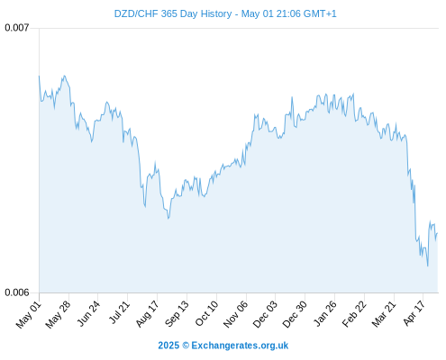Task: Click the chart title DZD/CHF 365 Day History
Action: pyautogui.click(x=173, y=13)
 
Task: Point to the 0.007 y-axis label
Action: pyautogui.click(x=17, y=28)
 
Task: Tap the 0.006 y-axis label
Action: pyautogui.click(x=17, y=292)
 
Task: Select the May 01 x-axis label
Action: pyautogui.click(x=28, y=314)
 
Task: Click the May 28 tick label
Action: pyautogui.click(x=58, y=314)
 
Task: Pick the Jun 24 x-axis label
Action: pyautogui.click(x=87, y=314)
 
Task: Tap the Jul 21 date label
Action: pyautogui.click(x=119, y=312)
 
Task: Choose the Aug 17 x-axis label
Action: pyautogui.click(x=147, y=314)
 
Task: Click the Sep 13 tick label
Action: pyautogui.click(x=177, y=314)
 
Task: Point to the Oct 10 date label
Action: pyautogui.click(x=206, y=313)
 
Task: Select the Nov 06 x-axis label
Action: pyautogui.click(x=235, y=314)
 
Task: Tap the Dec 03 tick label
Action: pyautogui.click(x=265, y=314)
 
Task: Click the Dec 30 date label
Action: pyautogui.click(x=295, y=314)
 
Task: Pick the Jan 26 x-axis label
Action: pyautogui.click(x=324, y=314)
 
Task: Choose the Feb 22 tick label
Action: pyautogui.click(x=354, y=314)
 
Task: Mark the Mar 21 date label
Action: pyautogui.click(x=384, y=314)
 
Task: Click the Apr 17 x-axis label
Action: pyautogui.click(x=414, y=313)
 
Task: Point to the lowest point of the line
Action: pyautogui.click(x=427, y=265)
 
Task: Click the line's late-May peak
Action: pyautogui.click(x=64, y=76)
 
